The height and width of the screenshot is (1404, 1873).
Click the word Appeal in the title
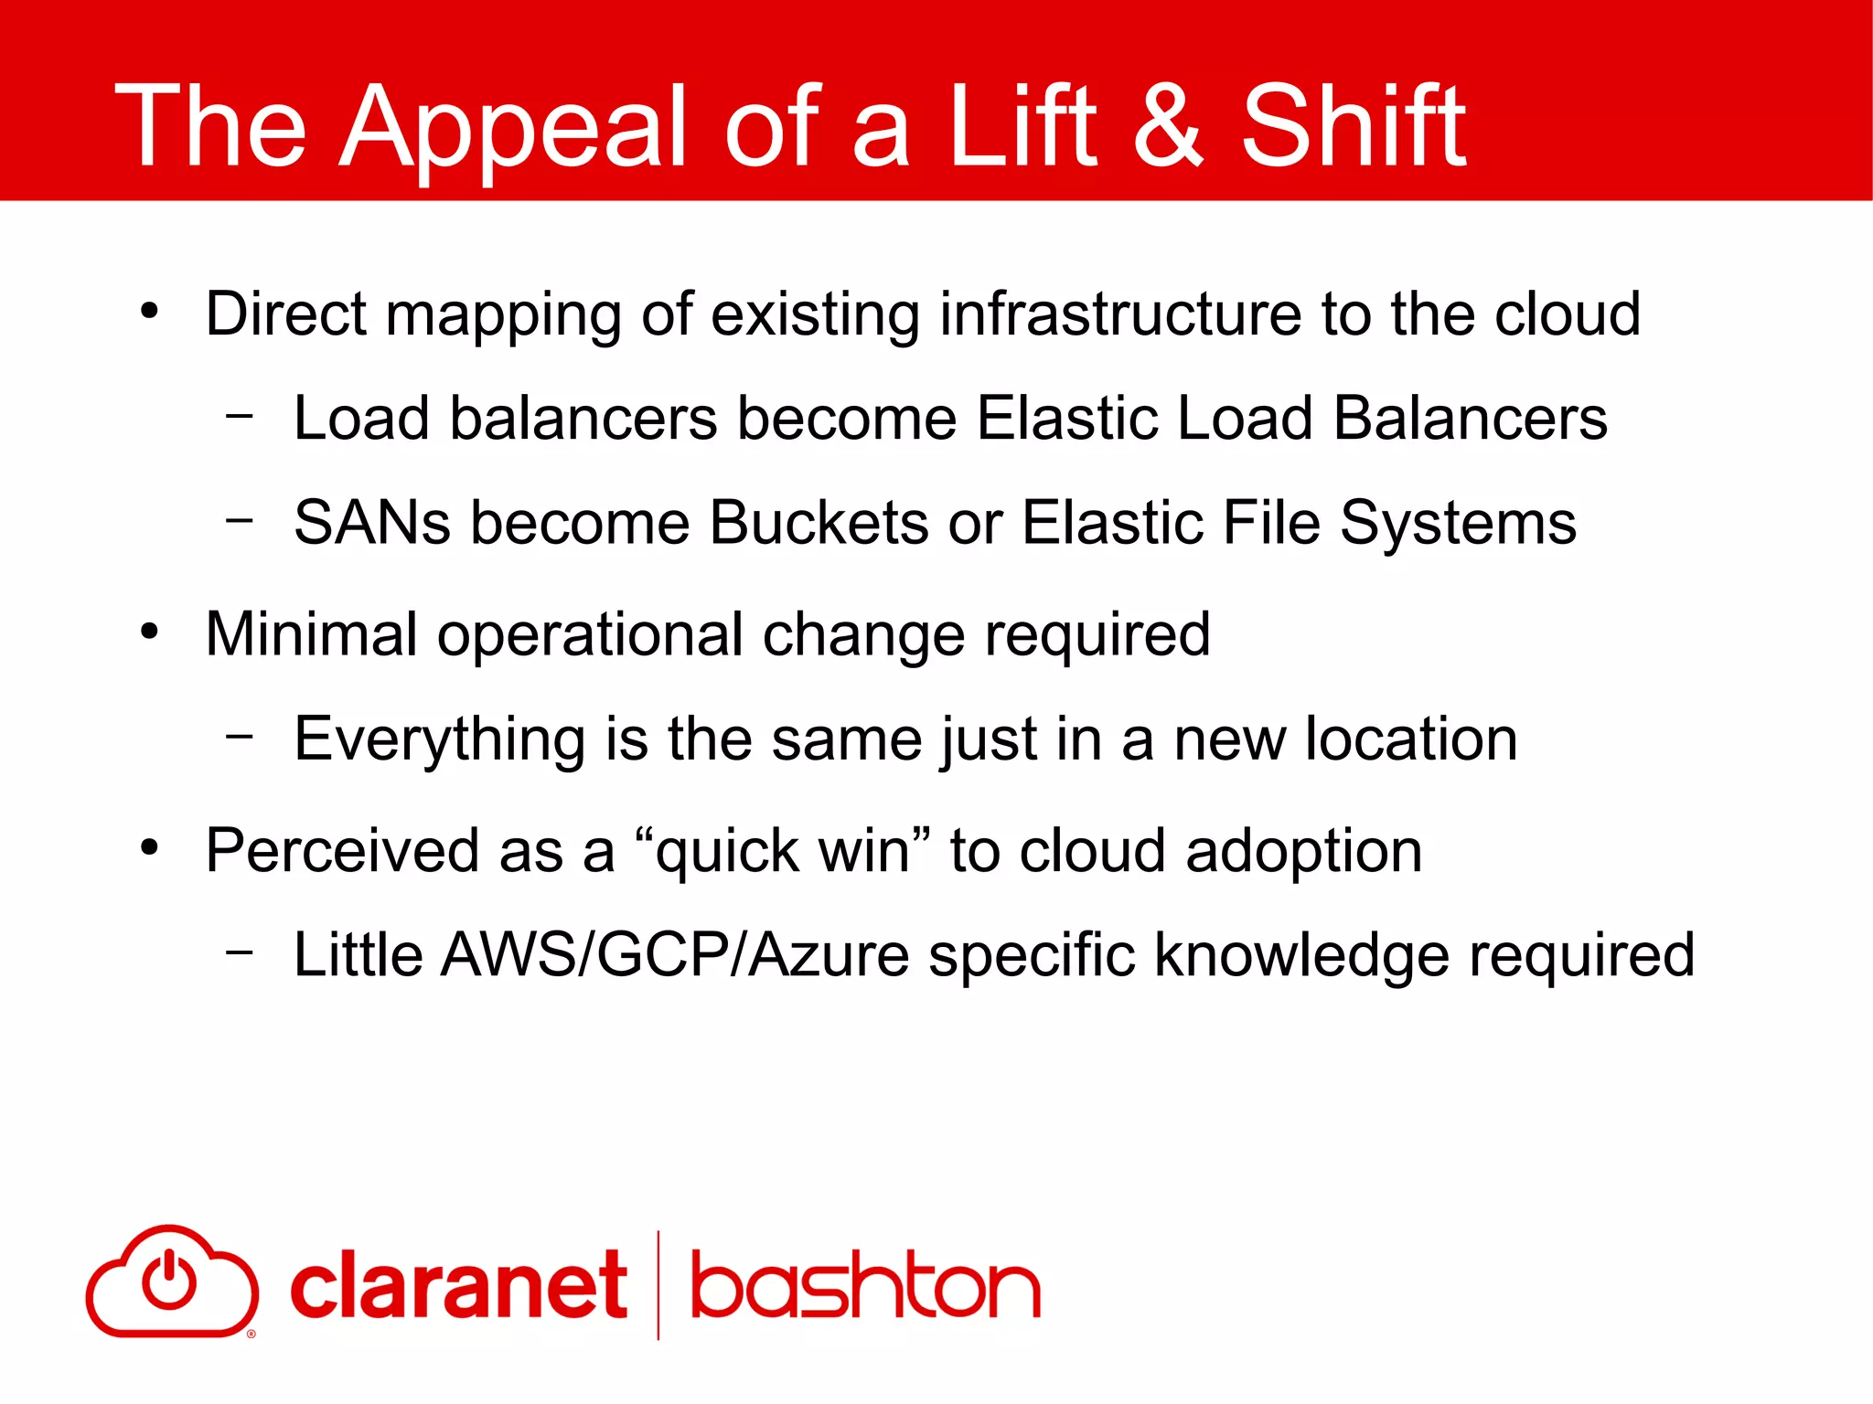tap(512, 128)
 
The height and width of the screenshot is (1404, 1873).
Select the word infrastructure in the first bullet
tap(1120, 314)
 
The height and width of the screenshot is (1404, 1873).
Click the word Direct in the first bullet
tap(285, 314)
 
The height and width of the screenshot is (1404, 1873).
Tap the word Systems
tap(1458, 525)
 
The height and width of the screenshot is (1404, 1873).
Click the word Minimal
tap(311, 633)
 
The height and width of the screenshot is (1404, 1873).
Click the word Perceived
tap(340, 851)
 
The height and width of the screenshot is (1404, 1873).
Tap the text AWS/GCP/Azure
tap(675, 955)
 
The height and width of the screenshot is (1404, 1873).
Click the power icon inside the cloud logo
tap(169, 1279)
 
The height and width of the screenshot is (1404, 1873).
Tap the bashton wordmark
tap(865, 1286)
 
